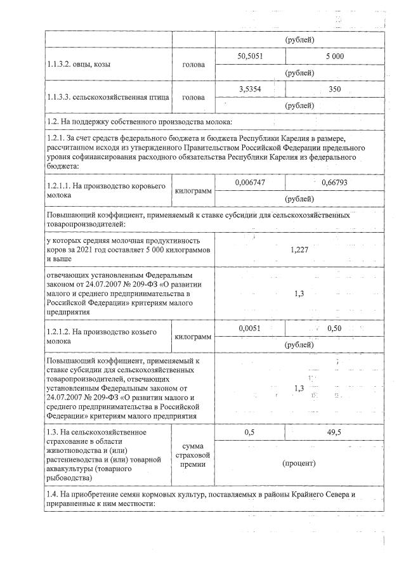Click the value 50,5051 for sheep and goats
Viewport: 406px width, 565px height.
point(250,56)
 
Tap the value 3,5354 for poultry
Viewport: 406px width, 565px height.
point(250,89)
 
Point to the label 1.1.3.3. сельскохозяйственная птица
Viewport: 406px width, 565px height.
point(108,97)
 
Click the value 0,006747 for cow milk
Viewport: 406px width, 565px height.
point(250,182)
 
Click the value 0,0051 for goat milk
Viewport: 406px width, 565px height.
point(250,328)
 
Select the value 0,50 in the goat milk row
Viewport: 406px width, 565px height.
point(334,328)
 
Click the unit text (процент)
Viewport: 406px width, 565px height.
point(299,463)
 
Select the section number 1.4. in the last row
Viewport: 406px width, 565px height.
point(53,493)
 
